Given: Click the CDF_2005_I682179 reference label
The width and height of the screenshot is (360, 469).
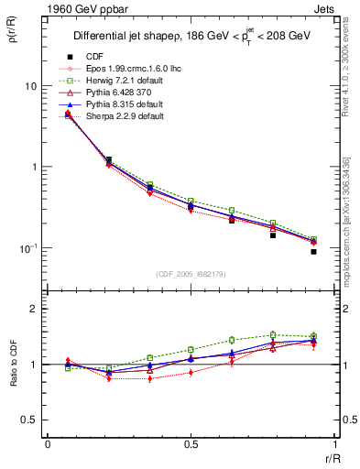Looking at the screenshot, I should [191, 273].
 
